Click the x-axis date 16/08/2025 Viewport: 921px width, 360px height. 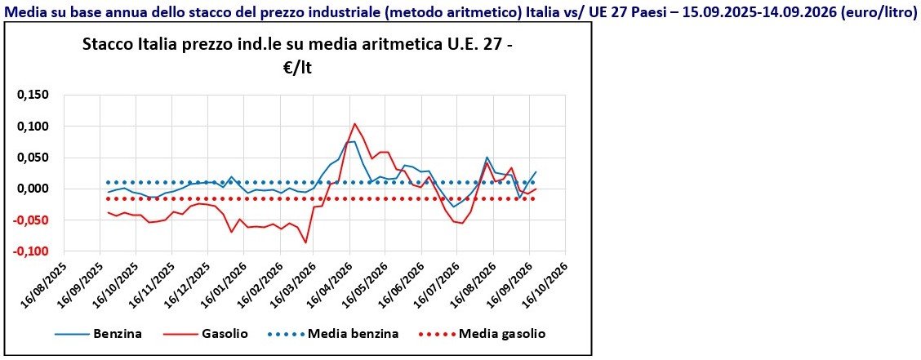(45, 279)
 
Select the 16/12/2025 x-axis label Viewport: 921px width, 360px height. (188, 279)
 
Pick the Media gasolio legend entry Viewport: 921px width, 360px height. (483, 334)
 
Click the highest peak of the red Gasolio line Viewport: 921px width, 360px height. (355, 124)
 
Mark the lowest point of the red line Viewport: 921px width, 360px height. (305, 242)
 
